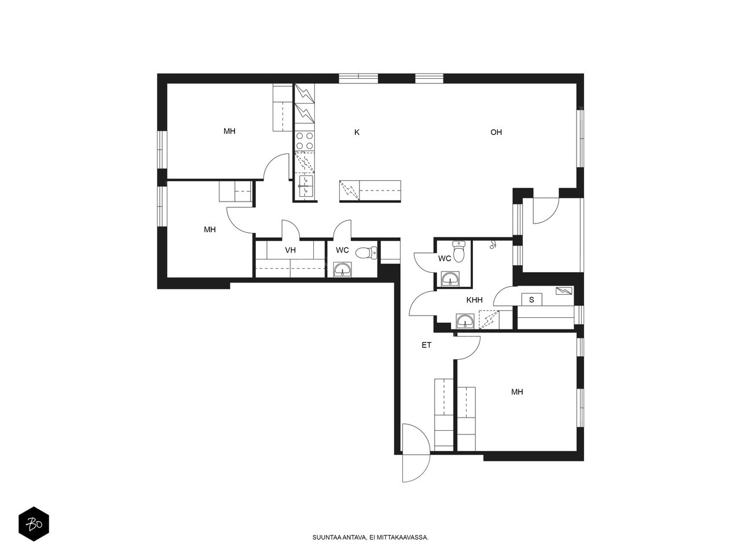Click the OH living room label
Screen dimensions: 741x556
click(x=496, y=132)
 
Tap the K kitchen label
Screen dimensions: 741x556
click(x=357, y=132)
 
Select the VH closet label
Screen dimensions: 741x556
click(x=290, y=250)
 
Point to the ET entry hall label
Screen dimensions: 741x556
click(x=426, y=345)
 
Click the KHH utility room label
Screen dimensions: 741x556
click(x=474, y=300)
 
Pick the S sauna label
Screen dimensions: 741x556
click(x=531, y=300)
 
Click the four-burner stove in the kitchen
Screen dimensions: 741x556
click(x=304, y=141)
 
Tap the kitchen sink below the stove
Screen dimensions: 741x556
click(x=306, y=186)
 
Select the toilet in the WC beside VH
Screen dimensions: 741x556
click(x=366, y=253)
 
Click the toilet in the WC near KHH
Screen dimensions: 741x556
click(x=458, y=252)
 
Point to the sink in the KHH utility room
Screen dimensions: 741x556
click(x=465, y=321)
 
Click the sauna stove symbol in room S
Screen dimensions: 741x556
click(x=564, y=290)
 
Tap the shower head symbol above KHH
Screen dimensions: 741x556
click(x=493, y=245)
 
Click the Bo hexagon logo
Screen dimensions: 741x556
click(x=34, y=524)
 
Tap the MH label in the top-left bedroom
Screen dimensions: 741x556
click(x=229, y=131)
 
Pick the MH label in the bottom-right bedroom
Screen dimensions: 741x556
click(x=517, y=392)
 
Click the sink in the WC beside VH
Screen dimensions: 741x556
click(x=342, y=269)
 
